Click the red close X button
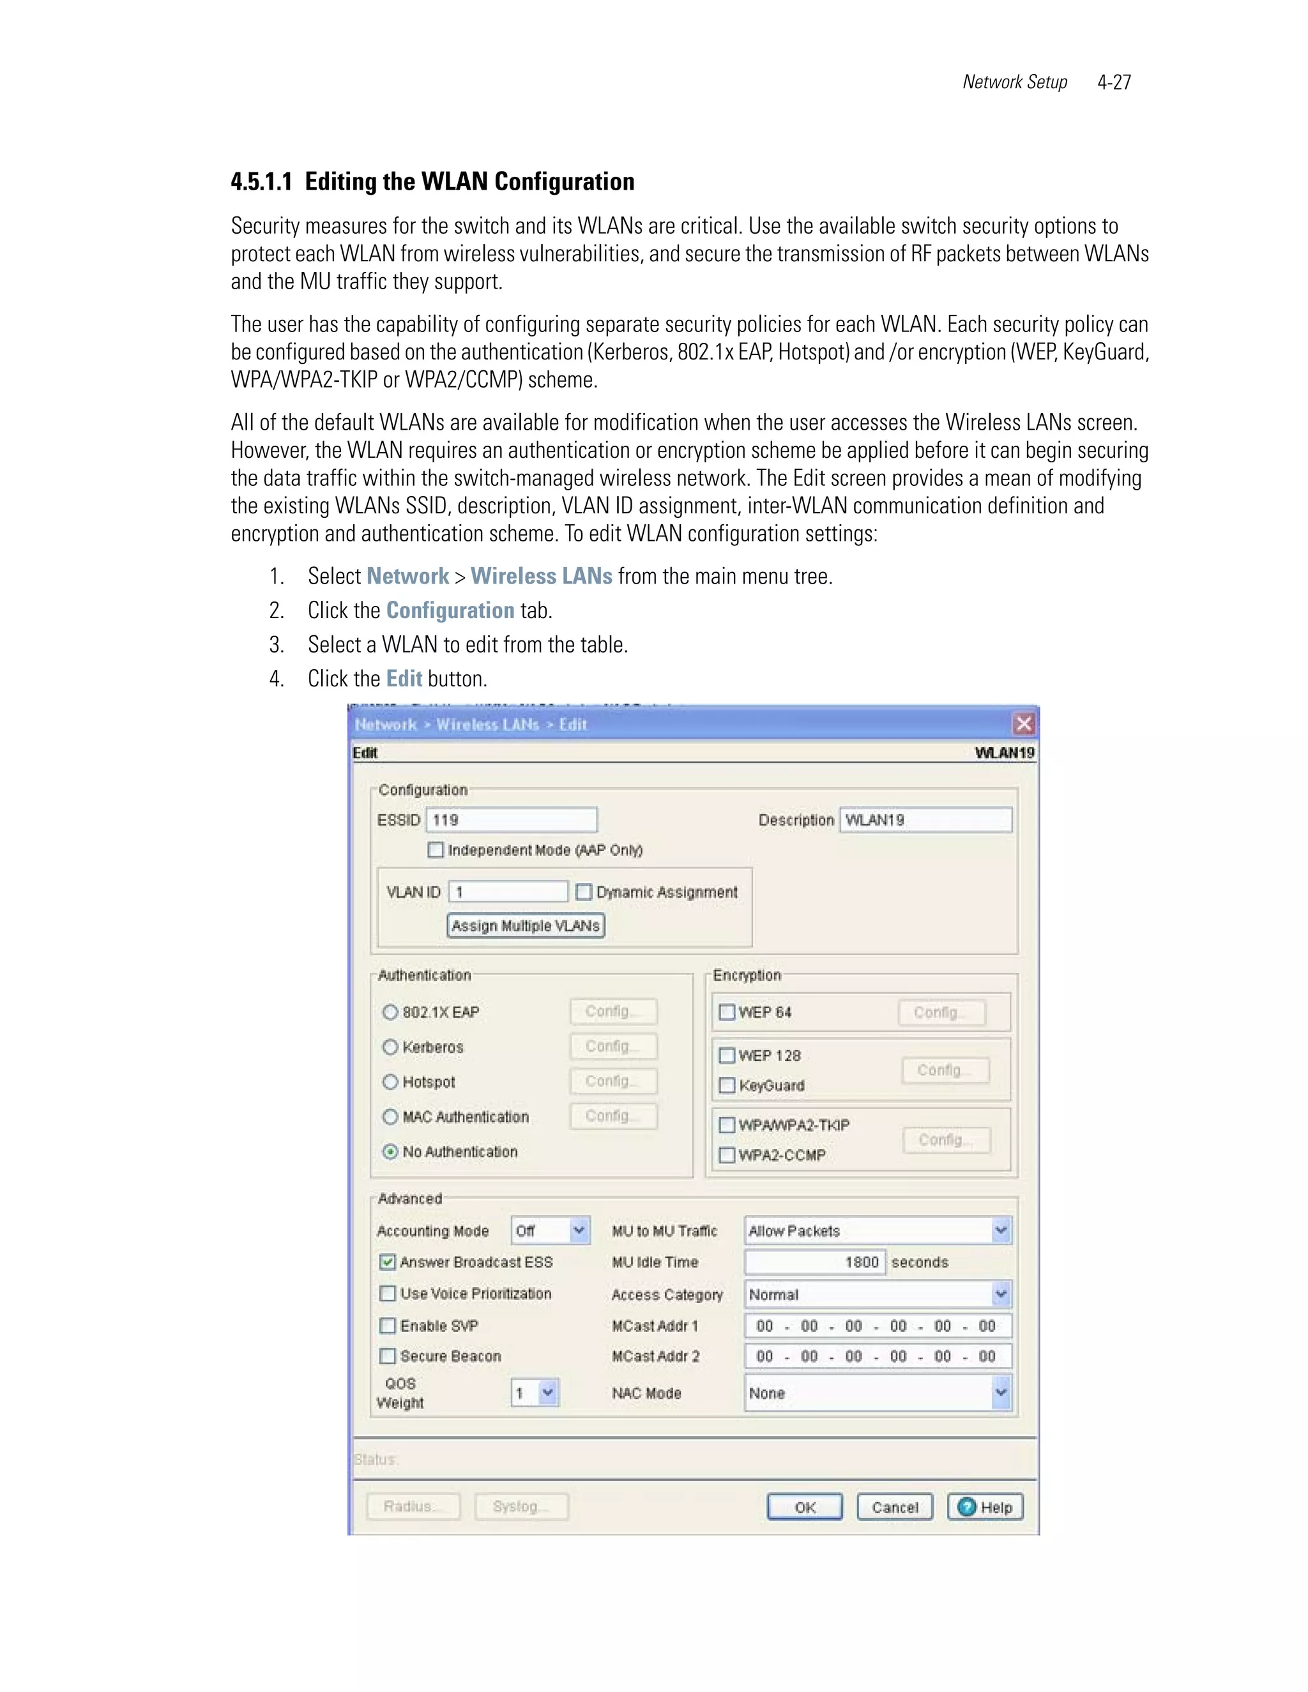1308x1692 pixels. coord(1024,723)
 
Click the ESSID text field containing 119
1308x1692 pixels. coord(511,820)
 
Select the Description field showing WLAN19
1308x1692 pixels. coord(925,820)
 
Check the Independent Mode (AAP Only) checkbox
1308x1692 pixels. coord(436,850)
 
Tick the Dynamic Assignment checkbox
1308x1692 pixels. coord(584,892)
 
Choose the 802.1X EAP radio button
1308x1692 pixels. coord(390,1012)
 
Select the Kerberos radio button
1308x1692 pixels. coord(390,1046)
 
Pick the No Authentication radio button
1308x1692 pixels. coord(390,1151)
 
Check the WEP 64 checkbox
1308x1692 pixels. coord(727,1012)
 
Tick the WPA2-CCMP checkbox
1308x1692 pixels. coord(727,1155)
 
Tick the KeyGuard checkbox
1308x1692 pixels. coord(727,1085)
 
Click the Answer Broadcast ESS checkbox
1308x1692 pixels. coord(388,1262)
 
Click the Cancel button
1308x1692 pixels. coord(895,1507)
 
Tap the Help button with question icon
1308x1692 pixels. coord(985,1507)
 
